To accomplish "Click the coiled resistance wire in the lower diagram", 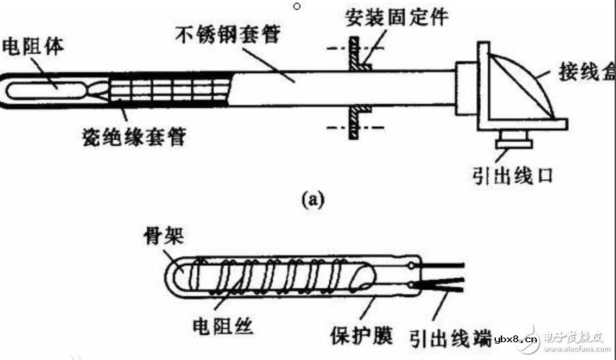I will (x=273, y=275).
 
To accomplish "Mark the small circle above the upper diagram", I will (x=296, y=7).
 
